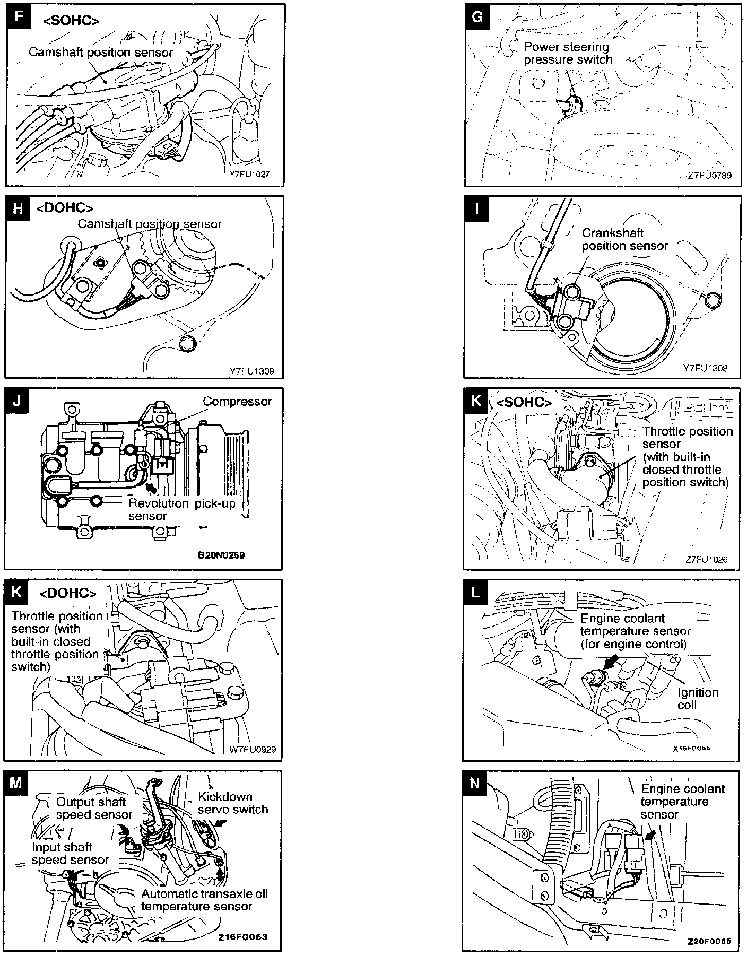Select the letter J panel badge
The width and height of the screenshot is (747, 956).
tap(17, 401)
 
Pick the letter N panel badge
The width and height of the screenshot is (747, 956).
tap(475, 783)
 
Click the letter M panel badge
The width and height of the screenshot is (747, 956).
tap(16, 783)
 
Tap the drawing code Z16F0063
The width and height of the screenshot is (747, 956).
tap(242, 937)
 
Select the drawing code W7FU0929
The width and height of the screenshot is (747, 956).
tap(253, 750)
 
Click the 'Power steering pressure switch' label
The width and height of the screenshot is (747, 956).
tap(568, 53)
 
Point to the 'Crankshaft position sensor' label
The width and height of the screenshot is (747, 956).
tap(624, 239)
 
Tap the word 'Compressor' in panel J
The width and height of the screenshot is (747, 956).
tap(237, 402)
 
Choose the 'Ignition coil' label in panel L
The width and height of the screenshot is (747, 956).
tap(698, 699)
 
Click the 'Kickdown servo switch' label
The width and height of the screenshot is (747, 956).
tap(232, 803)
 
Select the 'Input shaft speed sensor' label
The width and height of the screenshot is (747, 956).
tap(70, 854)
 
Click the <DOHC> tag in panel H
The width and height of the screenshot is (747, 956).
tap(65, 208)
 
